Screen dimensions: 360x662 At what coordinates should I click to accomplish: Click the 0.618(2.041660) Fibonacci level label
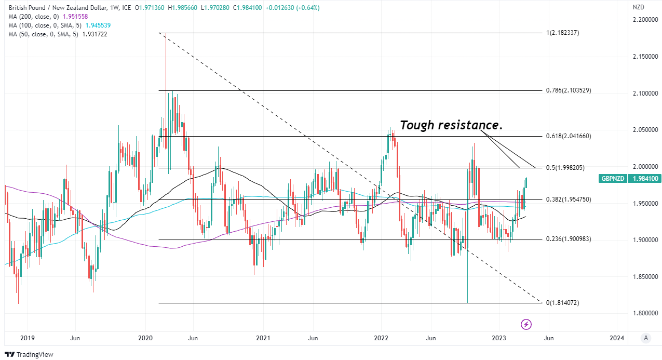pyautogui.click(x=569, y=136)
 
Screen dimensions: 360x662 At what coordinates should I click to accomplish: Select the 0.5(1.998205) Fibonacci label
pyautogui.click(x=566, y=168)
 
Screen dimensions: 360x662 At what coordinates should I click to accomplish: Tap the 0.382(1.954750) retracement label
pyautogui.click(x=569, y=199)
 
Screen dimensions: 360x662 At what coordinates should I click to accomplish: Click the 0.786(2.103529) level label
pyautogui.click(x=569, y=90)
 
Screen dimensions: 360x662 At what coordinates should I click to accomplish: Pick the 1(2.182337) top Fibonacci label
pyautogui.click(x=562, y=33)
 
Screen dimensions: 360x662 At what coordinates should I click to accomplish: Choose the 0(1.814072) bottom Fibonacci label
pyautogui.click(x=562, y=302)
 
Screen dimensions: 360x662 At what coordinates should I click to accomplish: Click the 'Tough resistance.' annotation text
pyautogui.click(x=451, y=125)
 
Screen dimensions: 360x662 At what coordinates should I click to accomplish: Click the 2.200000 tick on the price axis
pyautogui.click(x=644, y=20)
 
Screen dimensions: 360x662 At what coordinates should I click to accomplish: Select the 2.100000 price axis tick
pyautogui.click(x=644, y=93)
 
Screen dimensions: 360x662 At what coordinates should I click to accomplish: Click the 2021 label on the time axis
pyautogui.click(x=263, y=338)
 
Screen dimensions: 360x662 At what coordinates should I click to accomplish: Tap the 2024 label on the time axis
pyautogui.click(x=617, y=338)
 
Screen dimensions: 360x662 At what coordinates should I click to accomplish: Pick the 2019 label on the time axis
pyautogui.click(x=27, y=338)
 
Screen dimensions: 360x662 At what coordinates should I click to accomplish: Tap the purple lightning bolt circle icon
pyautogui.click(x=526, y=325)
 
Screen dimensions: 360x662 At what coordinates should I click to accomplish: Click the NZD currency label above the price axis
pyautogui.click(x=638, y=7)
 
